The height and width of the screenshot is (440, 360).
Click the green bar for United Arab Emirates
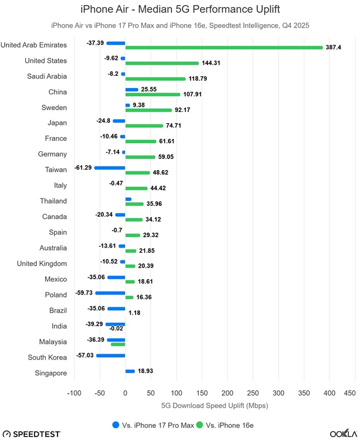(224, 48)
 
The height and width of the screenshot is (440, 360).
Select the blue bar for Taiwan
(110, 168)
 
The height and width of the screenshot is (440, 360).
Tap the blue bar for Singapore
(130, 371)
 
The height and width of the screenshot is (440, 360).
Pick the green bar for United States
(162, 63)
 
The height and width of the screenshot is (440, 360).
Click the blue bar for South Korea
(111, 355)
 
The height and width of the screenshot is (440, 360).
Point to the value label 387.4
(333, 48)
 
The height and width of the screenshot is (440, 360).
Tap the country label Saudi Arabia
(47, 76)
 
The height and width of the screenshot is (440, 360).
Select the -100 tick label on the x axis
(74, 392)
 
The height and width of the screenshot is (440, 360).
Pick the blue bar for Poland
(110, 293)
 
